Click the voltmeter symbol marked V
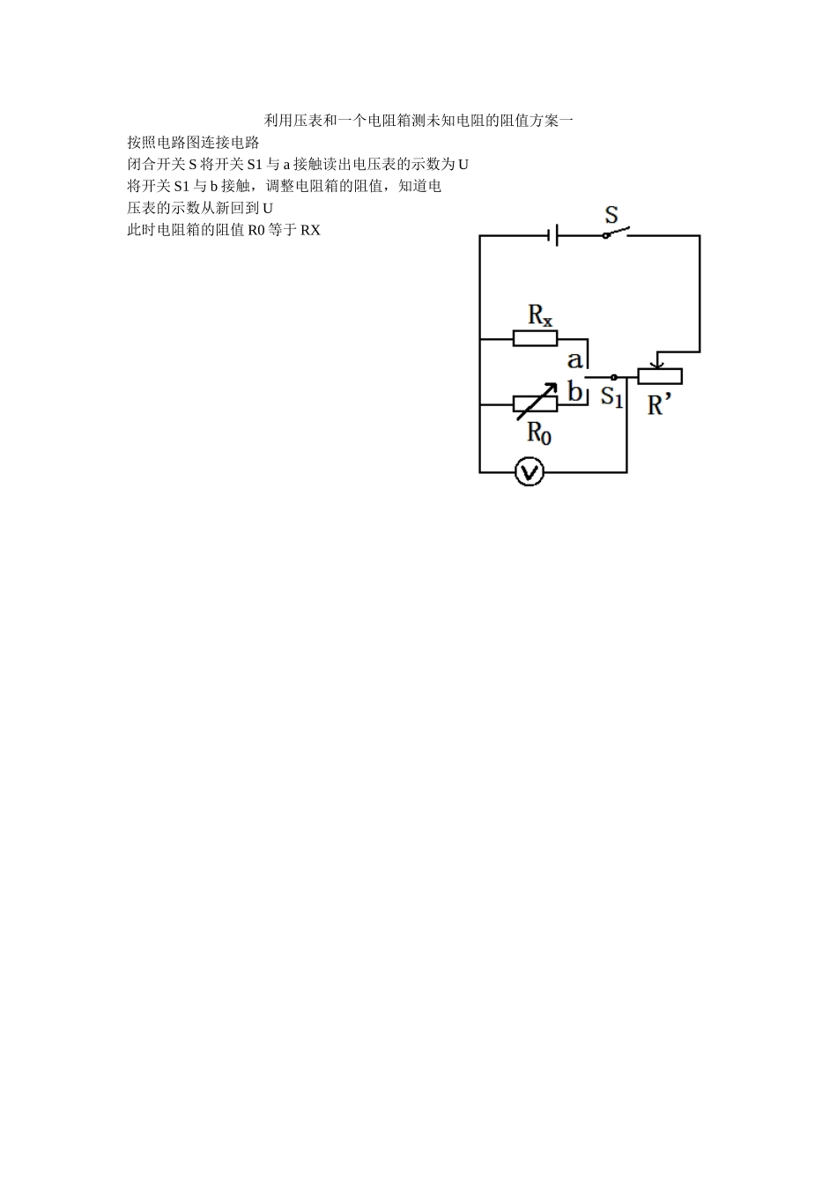click(529, 473)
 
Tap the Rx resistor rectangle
click(535, 338)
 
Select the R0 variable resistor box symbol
click(535, 403)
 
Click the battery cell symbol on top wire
click(554, 235)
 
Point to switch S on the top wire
click(616, 233)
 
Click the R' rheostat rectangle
click(660, 376)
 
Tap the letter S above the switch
click(611, 214)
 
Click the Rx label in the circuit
click(540, 314)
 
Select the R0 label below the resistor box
click(539, 432)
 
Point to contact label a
click(574, 359)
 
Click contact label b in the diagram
click(575, 390)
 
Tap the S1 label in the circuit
click(611, 397)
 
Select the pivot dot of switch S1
click(614, 377)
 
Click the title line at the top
click(418, 121)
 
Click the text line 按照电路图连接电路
click(193, 143)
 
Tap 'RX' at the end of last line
click(310, 231)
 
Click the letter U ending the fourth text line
click(268, 209)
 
